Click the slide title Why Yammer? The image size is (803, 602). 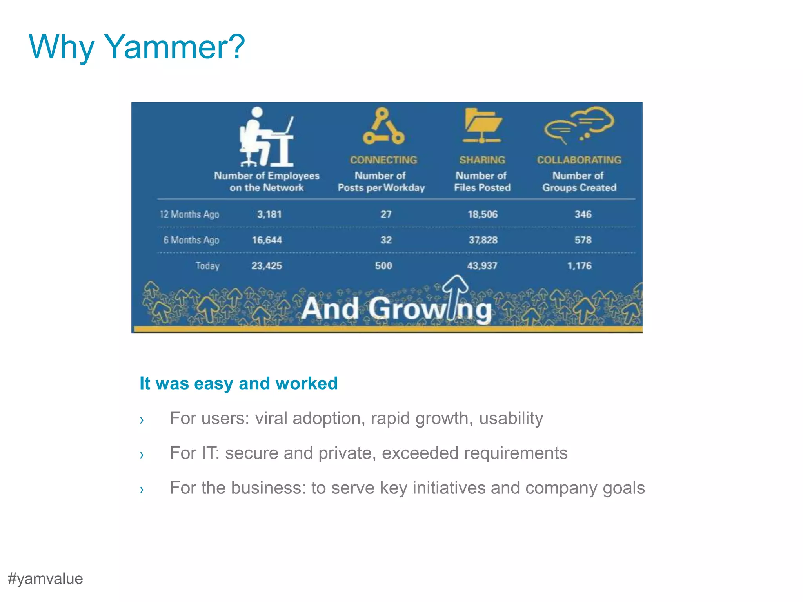click(x=137, y=47)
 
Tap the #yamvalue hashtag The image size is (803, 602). click(x=45, y=579)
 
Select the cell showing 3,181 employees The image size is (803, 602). click(x=269, y=214)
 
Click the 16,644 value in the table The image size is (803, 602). click(x=267, y=240)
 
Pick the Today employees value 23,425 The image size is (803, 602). click(x=267, y=266)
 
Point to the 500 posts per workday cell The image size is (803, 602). click(x=383, y=266)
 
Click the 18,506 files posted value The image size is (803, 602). click(x=483, y=214)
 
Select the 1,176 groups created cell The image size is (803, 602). click(x=579, y=266)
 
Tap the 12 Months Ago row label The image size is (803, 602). click(x=189, y=214)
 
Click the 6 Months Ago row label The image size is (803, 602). click(x=191, y=240)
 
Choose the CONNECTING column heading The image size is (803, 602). click(x=383, y=160)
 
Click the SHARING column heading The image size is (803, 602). click(x=482, y=160)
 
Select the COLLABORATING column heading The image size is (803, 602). click(x=579, y=160)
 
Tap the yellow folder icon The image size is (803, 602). click(x=482, y=125)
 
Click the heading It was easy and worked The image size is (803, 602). click(x=238, y=383)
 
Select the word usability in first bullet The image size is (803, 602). click(x=511, y=419)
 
